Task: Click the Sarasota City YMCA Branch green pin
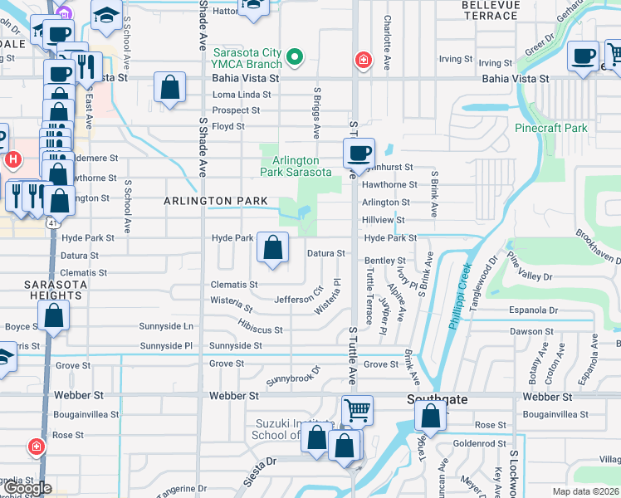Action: pos(293,58)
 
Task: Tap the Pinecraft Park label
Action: pos(550,128)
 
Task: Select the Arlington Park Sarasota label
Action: pos(296,166)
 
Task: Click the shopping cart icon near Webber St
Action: pos(357,409)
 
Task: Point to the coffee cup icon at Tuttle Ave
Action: pos(359,153)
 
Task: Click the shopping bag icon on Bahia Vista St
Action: pos(169,87)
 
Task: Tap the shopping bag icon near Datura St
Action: pos(273,247)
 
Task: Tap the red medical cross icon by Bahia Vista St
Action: pos(362,60)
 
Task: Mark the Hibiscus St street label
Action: pos(260,324)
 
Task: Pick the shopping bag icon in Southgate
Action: pos(430,416)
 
